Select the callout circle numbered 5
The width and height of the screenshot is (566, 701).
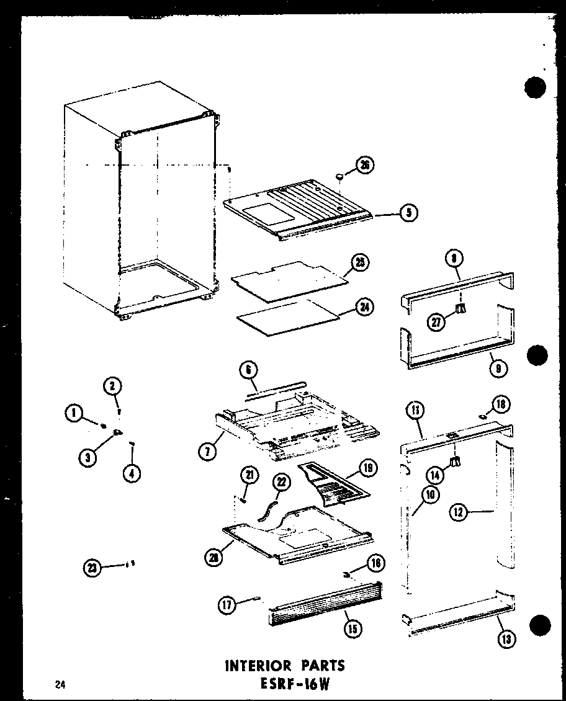click(x=408, y=213)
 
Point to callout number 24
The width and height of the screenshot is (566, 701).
click(x=364, y=306)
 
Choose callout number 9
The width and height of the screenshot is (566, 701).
click(x=498, y=368)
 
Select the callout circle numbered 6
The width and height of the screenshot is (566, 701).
click(x=248, y=370)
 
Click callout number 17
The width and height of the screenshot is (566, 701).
click(x=227, y=604)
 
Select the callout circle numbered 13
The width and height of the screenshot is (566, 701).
click(x=507, y=639)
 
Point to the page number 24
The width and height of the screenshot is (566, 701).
click(x=60, y=685)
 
